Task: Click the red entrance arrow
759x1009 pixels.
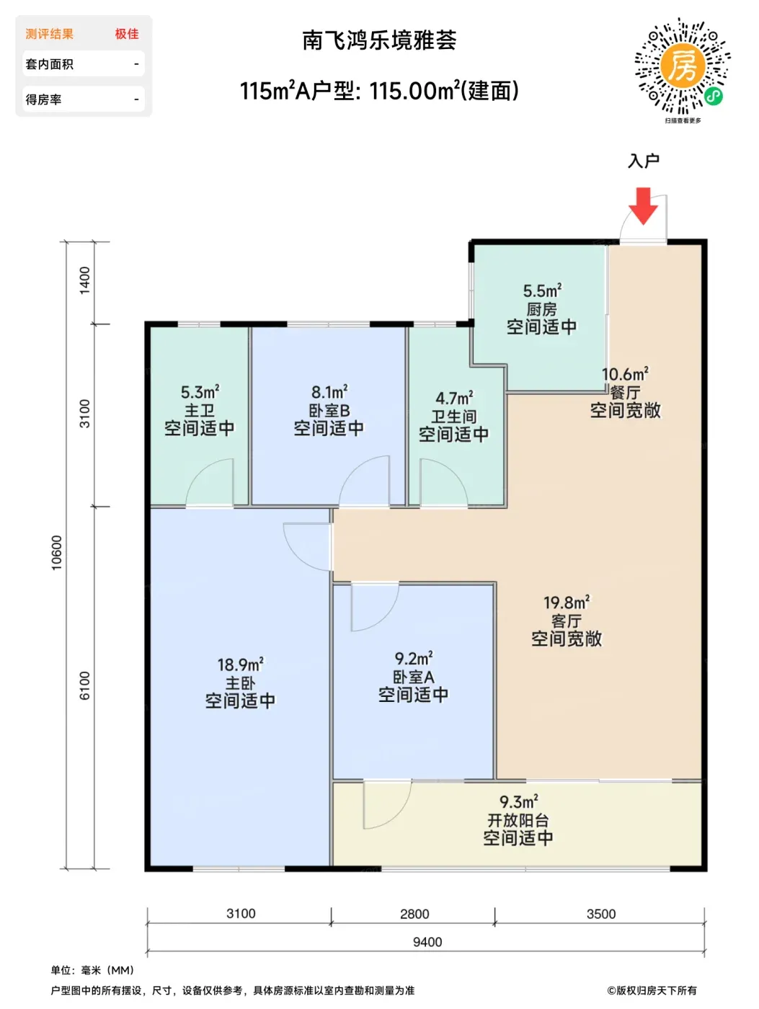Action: click(643, 205)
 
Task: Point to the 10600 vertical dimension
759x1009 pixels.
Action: click(56, 553)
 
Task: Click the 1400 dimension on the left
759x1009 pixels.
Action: click(85, 280)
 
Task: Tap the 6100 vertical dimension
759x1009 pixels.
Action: click(85, 685)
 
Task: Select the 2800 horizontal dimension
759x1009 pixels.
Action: click(414, 913)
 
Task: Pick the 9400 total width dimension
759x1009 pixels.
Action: click(427, 942)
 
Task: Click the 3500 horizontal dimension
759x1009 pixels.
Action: click(601, 913)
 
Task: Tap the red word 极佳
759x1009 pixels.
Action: click(127, 34)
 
